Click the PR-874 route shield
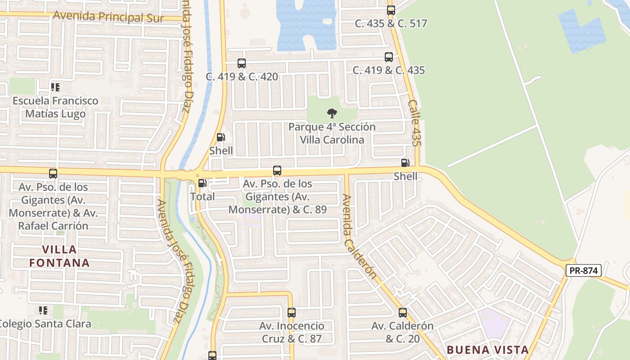(584, 270)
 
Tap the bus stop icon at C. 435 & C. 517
(391, 10)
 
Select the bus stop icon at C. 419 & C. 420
(242, 63)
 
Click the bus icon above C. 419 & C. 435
(389, 57)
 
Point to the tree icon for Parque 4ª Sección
(332, 113)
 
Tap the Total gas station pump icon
(202, 183)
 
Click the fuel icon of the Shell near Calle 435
(405, 163)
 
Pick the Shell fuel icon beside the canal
(221, 137)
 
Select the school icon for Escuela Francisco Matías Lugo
(55, 87)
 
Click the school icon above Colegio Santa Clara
(43, 310)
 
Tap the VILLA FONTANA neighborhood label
(60, 256)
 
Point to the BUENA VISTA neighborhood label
(488, 350)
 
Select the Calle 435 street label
(414, 123)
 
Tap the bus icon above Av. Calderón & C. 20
(403, 312)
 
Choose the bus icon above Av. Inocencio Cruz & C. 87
(292, 312)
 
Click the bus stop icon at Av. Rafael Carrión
(53, 173)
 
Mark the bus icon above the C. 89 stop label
(277, 171)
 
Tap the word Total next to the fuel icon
(202, 197)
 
